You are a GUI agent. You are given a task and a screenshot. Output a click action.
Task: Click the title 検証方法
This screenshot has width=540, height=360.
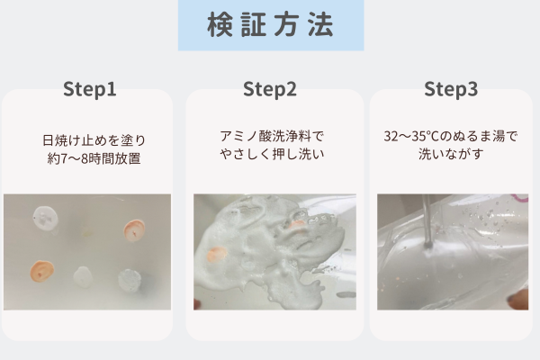point(270,24)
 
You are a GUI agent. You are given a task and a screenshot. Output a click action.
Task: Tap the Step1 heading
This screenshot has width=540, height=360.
point(89,89)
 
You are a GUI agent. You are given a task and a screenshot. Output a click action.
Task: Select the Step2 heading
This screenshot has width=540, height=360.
point(270,89)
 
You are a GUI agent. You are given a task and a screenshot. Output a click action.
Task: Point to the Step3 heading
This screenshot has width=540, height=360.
point(451,89)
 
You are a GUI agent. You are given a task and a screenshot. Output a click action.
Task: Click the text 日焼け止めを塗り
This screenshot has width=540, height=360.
point(94,140)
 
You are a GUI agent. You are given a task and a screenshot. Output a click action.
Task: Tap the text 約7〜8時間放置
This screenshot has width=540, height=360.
point(94,158)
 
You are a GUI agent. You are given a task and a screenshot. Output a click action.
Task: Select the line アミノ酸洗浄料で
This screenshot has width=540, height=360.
point(272,136)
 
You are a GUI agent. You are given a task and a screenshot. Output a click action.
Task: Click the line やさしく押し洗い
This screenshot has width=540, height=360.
point(272,154)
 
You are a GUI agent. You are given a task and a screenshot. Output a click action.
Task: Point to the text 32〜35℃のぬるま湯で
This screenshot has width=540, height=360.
point(451,136)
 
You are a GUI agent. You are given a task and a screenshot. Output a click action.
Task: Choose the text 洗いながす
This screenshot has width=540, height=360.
point(451,154)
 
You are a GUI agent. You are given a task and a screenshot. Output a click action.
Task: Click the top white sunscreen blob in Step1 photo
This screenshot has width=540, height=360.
point(46,218)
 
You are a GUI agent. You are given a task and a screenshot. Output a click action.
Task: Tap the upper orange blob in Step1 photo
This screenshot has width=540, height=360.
point(134,230)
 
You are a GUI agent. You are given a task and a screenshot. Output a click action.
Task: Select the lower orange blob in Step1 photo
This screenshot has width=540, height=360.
point(42,271)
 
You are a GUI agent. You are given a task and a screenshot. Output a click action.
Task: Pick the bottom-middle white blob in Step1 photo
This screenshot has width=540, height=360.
point(82,276)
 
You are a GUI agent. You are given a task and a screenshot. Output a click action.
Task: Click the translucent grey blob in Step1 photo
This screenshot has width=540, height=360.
point(129,280)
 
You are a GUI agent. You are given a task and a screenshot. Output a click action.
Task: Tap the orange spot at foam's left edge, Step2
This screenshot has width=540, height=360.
point(217,255)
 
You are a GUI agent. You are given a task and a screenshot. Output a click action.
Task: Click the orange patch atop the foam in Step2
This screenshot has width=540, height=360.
point(296,224)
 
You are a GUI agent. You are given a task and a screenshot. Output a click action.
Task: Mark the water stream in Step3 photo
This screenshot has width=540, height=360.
point(427,220)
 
